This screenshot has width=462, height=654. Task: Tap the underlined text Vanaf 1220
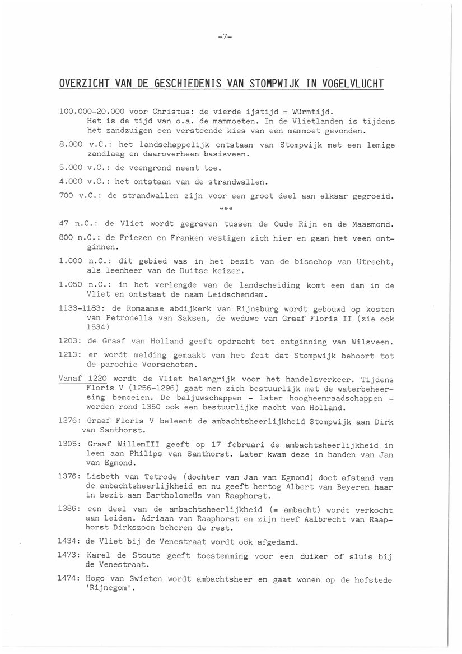pos(83,379)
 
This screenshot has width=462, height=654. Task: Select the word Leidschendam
pos(231,294)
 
